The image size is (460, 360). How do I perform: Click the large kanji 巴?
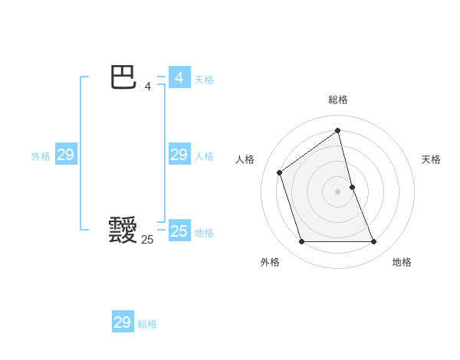pos(123,78)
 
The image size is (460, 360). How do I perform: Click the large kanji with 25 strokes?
pos(123,230)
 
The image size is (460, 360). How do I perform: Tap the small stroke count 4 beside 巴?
pos(148,87)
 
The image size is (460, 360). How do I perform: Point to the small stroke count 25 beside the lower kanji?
pos(147,240)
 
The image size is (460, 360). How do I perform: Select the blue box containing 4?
pos(179,78)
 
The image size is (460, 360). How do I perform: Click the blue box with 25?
pos(179,231)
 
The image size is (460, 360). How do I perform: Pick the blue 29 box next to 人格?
pos(179,155)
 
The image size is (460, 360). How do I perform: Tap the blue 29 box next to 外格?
pos(66,155)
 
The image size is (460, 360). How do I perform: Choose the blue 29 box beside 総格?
pos(123,322)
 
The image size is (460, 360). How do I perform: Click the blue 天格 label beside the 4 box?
pos(204,80)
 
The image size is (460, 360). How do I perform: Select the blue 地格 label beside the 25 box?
pos(204,233)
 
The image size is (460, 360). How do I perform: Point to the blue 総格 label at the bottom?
pos(147,324)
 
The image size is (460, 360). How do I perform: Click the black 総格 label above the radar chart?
pos(338,100)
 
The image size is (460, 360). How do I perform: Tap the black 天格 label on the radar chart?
pos(431,159)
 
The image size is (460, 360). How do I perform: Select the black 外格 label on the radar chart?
pos(270,262)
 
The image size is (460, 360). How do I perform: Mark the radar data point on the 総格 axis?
pos(338,130)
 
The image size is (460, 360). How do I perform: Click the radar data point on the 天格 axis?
pos(352,187)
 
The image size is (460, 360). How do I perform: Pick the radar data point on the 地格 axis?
pos(374,242)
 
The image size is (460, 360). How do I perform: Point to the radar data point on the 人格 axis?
pos(280,172)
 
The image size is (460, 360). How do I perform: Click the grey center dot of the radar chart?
pos(338,191)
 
